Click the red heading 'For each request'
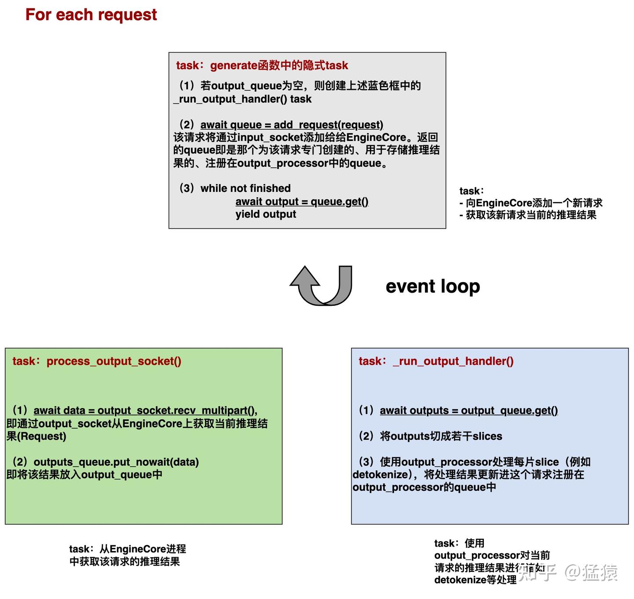click(91, 15)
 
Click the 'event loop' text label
click(432, 287)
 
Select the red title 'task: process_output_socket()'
click(97, 361)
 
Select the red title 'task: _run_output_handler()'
click(436, 361)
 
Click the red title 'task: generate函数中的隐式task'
click(262, 66)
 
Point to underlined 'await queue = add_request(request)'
click(291, 125)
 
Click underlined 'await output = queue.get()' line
click(302, 202)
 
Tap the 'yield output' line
click(265, 214)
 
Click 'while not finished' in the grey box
click(245, 188)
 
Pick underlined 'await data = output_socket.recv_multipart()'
click(145, 411)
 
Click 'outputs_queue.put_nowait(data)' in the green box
click(116, 462)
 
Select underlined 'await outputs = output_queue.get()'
click(468, 411)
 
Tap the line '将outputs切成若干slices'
click(441, 436)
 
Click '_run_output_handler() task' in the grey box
click(243, 99)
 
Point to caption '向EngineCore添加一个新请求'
click(534, 203)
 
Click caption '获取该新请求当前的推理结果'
click(531, 215)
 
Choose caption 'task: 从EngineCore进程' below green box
click(127, 549)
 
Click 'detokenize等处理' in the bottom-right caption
click(475, 580)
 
